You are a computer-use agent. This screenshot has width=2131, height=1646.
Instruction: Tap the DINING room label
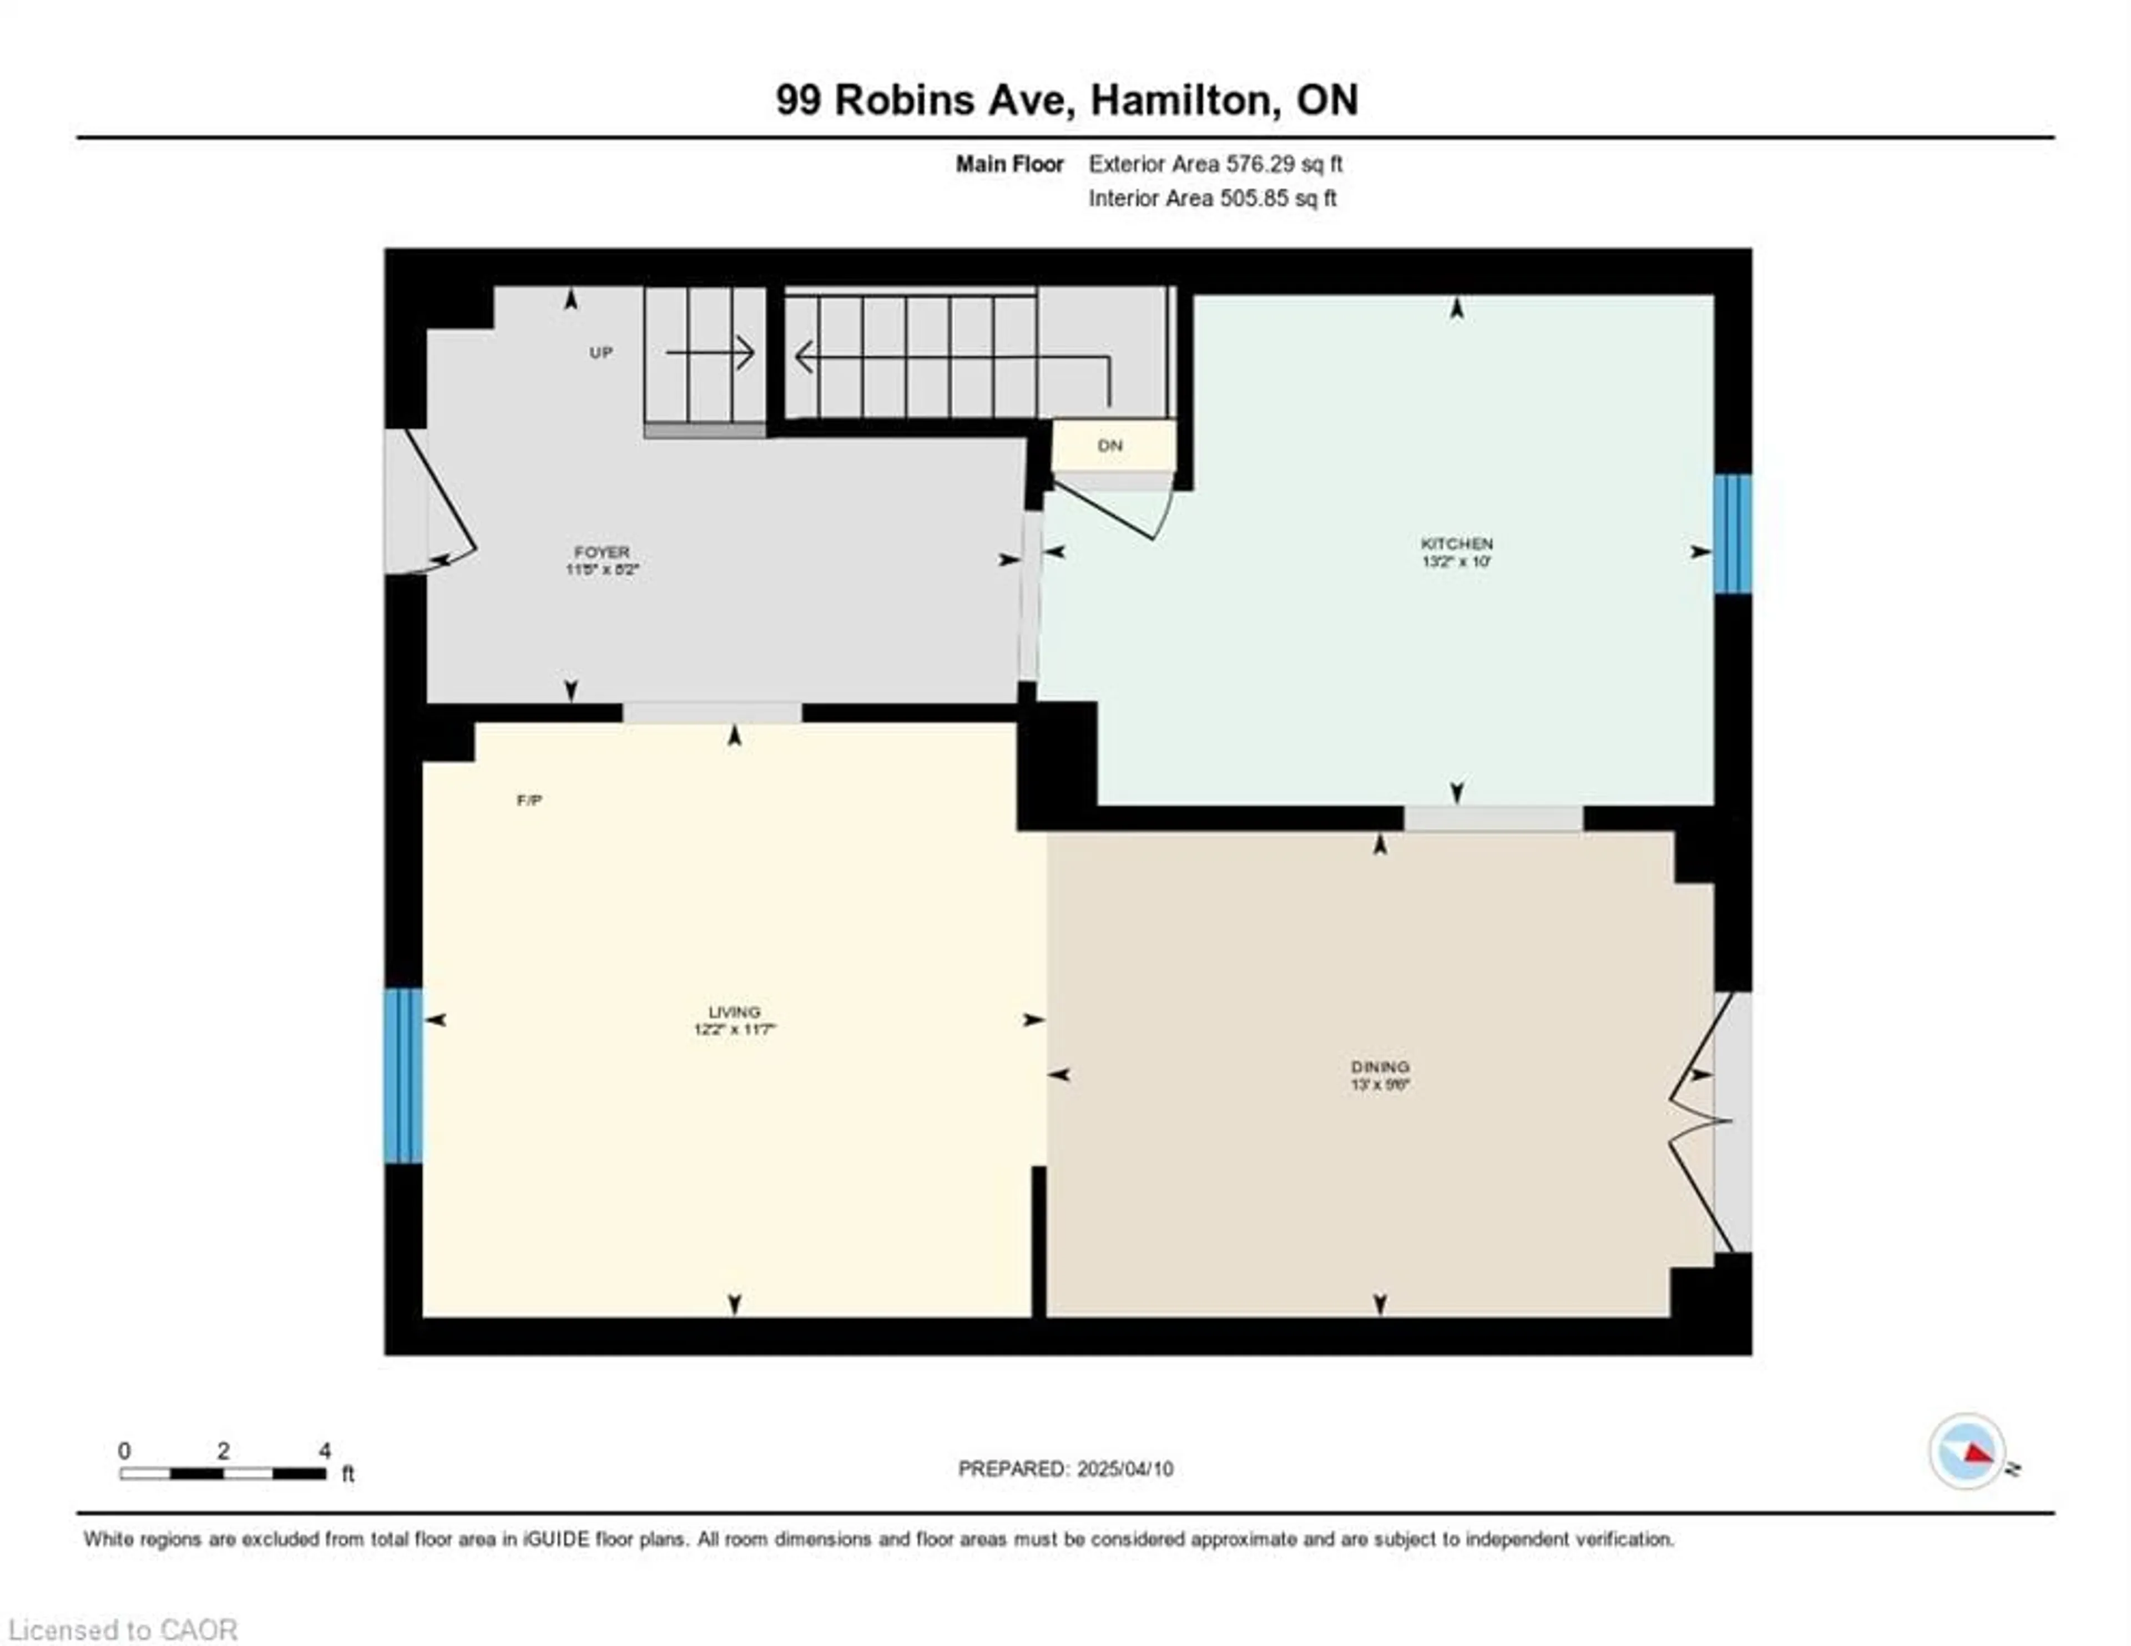[x=1380, y=1066]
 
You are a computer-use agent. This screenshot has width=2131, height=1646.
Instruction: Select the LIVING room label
[x=734, y=1012]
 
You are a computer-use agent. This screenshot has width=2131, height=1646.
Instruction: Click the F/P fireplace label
[x=529, y=800]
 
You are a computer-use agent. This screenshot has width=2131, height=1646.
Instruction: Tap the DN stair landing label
[x=1110, y=446]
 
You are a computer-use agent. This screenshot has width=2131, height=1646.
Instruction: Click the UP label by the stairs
[x=601, y=352]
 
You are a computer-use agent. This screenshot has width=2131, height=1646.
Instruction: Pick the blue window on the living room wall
[x=403, y=1076]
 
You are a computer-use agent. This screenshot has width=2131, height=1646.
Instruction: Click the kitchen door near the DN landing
[x=1112, y=512]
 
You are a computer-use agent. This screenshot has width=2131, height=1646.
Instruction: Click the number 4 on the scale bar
[x=324, y=1451]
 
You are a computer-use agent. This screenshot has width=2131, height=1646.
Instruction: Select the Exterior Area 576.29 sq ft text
[x=1215, y=164]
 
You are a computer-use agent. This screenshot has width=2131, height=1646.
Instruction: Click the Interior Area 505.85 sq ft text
[x=1212, y=198]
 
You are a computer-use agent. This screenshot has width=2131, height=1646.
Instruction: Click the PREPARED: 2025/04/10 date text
[x=1065, y=1468]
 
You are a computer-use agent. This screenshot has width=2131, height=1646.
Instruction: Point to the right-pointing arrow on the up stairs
[x=710, y=352]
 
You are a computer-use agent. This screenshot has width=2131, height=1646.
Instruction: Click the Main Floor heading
[x=1009, y=164]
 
